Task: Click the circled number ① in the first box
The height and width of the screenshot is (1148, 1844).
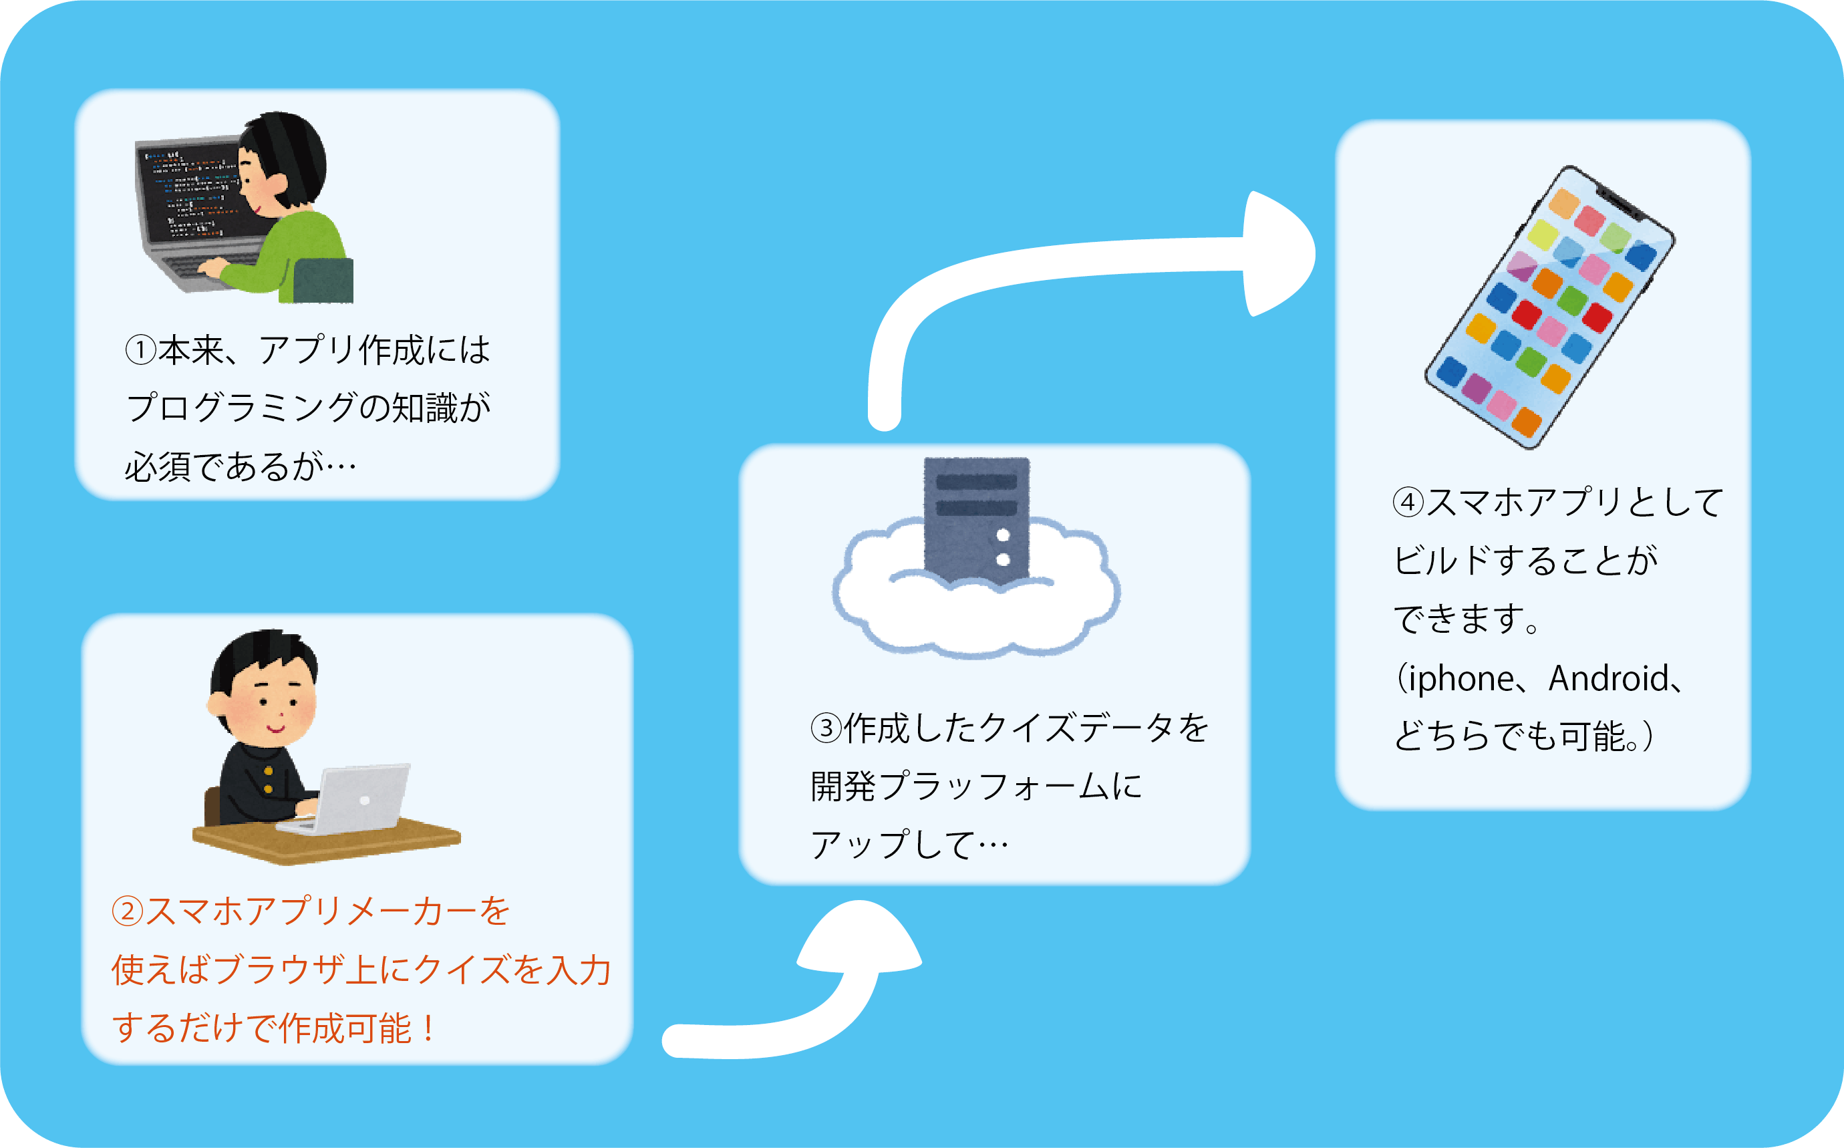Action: [140, 351]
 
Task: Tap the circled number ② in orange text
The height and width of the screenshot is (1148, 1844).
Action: [128, 911]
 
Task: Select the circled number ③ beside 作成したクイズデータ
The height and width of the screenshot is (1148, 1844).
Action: [826, 728]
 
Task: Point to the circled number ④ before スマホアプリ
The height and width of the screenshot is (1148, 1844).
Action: [1408, 503]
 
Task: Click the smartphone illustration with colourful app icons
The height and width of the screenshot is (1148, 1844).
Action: [1549, 307]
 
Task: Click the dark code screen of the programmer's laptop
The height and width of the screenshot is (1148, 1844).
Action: [190, 194]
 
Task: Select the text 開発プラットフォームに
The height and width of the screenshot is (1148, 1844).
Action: [975, 786]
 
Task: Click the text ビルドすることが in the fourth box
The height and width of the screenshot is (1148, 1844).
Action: [1526, 561]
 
